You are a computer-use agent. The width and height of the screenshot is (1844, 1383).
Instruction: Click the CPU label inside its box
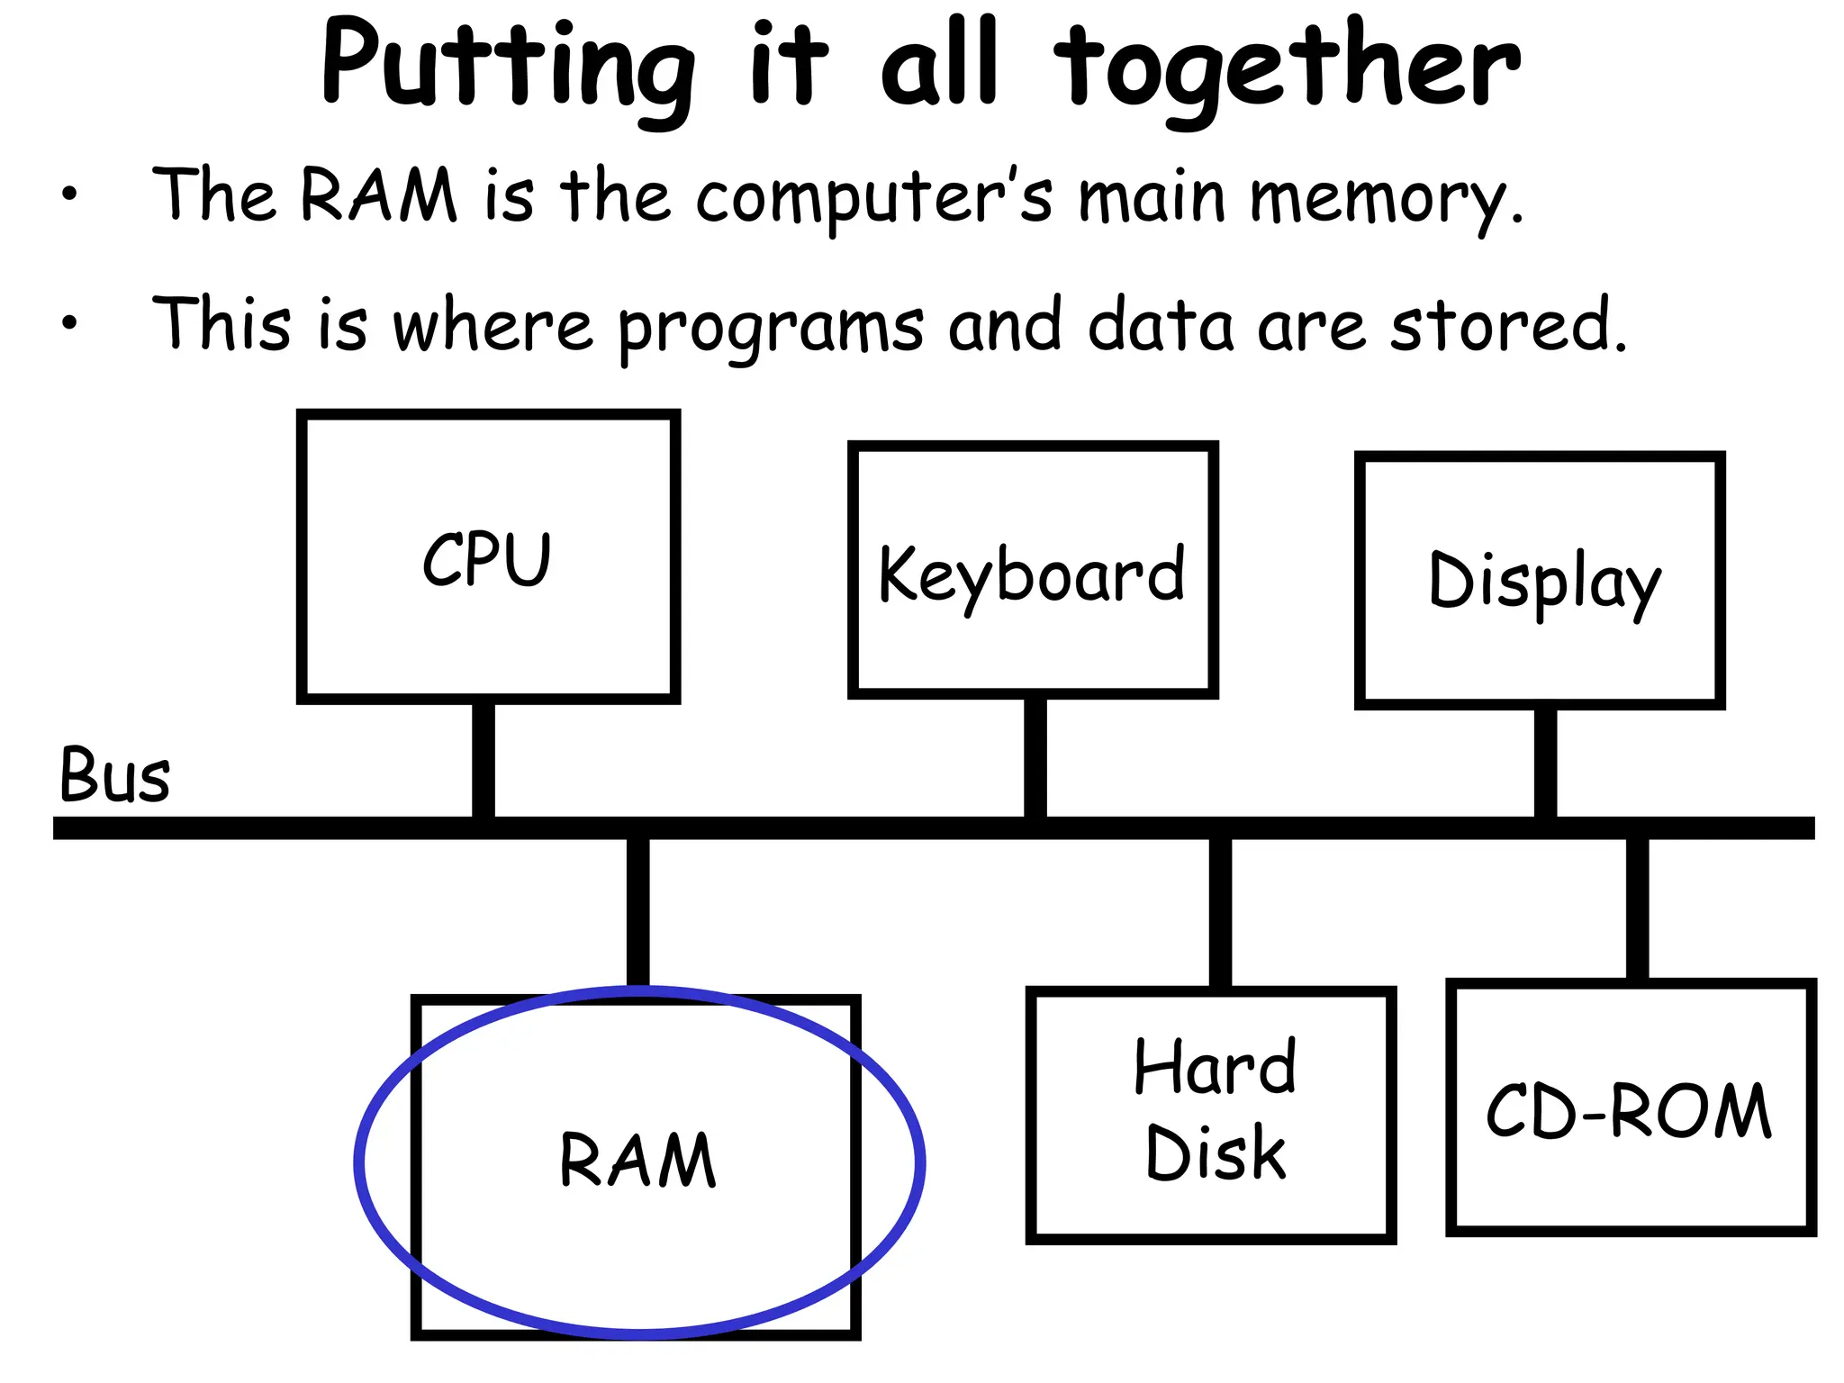pos(486,559)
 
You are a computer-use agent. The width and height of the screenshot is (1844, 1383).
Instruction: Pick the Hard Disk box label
pos(1215,1111)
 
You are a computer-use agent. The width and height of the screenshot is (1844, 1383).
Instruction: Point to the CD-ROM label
pos(1629,1111)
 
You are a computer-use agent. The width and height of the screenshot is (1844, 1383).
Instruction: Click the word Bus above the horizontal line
pos(114,775)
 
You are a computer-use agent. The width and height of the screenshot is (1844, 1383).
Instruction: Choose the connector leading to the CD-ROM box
pos(1637,908)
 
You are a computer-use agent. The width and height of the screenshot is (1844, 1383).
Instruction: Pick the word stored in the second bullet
pos(1509,324)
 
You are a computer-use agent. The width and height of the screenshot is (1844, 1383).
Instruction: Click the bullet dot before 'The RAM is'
pos(69,193)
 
